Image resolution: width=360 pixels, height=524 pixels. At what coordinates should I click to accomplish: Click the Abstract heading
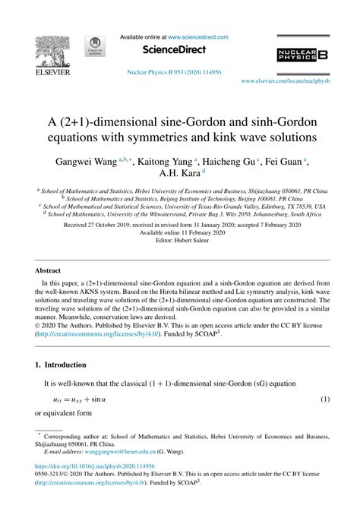coord(49,270)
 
